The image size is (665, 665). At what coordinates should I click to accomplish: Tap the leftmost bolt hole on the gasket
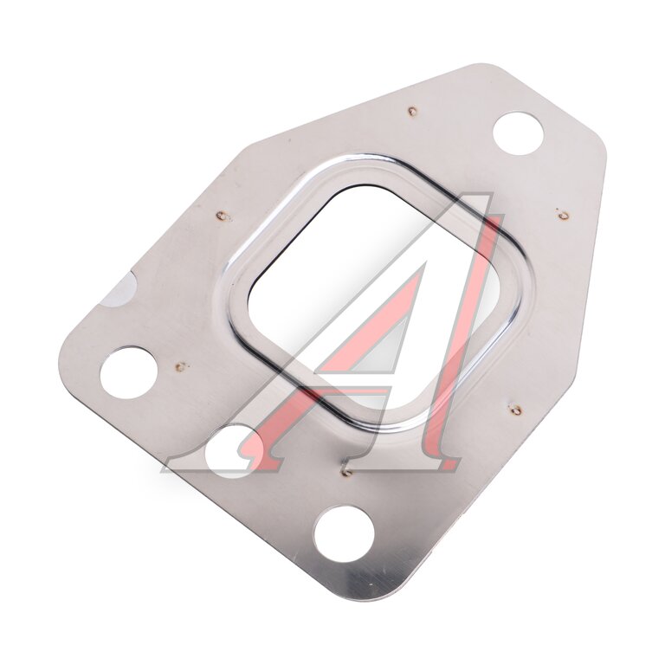(129, 372)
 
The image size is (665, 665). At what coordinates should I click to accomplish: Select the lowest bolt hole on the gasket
(344, 533)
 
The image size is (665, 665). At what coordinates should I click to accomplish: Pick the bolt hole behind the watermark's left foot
(229, 452)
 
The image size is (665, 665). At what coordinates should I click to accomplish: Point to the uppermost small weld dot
(412, 112)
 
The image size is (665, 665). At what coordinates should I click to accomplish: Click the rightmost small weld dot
(563, 216)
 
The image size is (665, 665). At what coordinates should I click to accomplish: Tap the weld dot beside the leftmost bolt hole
(181, 366)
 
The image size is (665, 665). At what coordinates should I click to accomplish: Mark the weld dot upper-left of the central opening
(221, 216)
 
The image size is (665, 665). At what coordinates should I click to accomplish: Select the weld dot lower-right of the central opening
(515, 410)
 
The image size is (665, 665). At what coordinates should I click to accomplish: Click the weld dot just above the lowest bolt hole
(346, 472)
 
